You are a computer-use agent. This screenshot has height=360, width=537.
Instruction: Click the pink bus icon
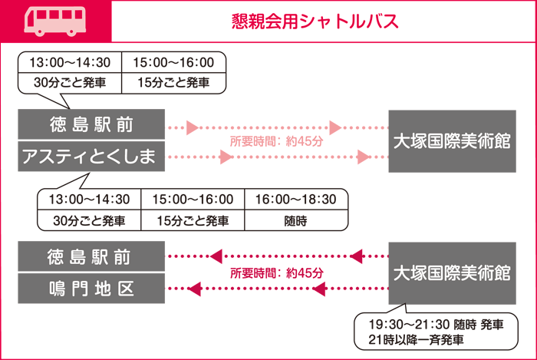(54, 21)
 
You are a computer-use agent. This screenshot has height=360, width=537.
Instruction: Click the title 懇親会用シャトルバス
(315, 21)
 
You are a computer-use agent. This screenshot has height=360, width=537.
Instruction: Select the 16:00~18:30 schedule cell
(296, 200)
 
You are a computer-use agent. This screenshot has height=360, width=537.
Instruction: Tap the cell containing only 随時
(296, 220)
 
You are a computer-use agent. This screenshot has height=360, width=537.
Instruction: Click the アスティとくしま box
(91, 156)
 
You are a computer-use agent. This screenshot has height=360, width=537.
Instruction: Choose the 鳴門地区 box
(91, 289)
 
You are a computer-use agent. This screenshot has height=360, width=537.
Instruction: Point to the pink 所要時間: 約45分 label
(276, 141)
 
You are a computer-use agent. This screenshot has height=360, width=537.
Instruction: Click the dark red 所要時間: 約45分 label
(276, 273)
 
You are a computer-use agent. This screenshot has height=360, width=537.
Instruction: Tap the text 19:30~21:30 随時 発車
(436, 325)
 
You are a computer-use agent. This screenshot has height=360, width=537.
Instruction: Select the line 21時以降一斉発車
(416, 340)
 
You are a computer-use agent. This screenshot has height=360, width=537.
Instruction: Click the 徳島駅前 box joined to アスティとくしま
(91, 124)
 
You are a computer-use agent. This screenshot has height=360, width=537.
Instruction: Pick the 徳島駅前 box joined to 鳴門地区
(91, 256)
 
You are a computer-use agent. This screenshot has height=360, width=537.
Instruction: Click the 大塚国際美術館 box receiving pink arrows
(452, 141)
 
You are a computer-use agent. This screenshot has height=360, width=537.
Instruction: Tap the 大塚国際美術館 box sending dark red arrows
(452, 273)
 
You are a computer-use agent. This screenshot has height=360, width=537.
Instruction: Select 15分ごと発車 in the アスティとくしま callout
(193, 220)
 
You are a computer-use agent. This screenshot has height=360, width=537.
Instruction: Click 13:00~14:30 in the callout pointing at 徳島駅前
(70, 62)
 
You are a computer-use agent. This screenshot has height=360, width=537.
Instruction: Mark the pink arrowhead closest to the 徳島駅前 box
(193, 127)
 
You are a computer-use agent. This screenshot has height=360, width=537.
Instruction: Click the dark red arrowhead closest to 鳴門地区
(194, 289)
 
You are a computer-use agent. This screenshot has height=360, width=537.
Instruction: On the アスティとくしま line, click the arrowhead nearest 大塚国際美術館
(364, 157)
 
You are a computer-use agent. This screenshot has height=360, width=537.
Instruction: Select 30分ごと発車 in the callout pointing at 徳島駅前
(70, 83)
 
